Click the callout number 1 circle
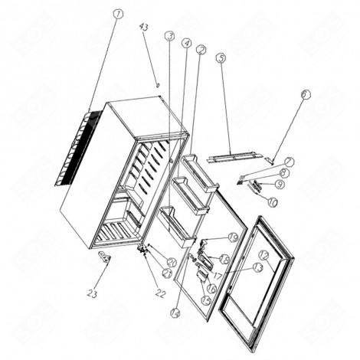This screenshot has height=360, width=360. click(117, 14)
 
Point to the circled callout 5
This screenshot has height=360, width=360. click(186, 44)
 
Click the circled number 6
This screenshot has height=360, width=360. click(221, 57)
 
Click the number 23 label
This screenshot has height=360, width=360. click(93, 291)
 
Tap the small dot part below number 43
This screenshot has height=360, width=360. click(156, 85)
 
